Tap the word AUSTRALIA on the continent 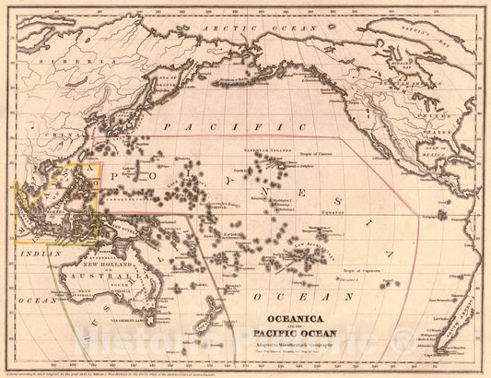pos(101,276)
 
